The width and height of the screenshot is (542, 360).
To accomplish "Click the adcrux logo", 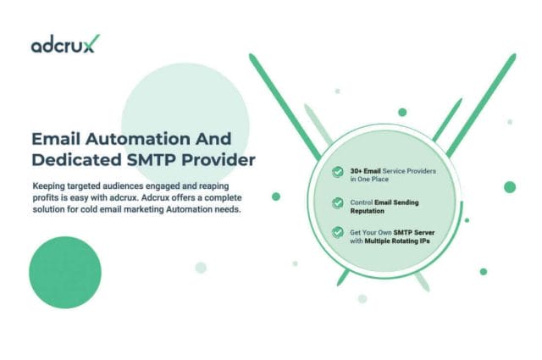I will click(x=64, y=45).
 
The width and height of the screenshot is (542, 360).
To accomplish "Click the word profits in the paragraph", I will click(x=47, y=197).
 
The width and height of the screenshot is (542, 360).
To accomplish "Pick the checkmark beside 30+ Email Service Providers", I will click(x=338, y=173).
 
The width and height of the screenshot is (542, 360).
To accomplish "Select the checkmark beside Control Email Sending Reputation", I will click(x=338, y=203).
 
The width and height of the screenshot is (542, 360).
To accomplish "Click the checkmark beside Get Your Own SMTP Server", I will click(x=338, y=232).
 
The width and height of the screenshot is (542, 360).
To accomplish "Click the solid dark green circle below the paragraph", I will click(x=65, y=272).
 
